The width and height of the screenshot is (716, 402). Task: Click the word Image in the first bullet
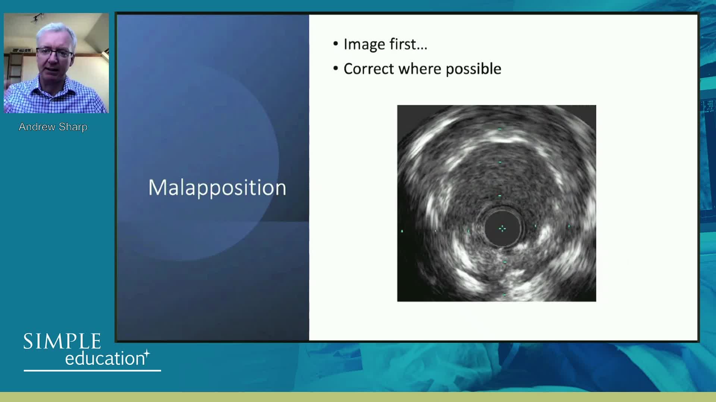(364, 45)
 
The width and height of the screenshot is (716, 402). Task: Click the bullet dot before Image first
(336, 44)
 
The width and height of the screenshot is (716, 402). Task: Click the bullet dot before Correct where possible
(336, 68)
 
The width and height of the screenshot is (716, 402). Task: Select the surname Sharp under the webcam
(73, 127)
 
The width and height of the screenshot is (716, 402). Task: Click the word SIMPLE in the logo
(62, 341)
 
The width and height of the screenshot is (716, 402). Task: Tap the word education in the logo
(105, 358)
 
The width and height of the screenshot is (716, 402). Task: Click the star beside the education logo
(147, 353)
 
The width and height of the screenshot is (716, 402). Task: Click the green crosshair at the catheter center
(502, 228)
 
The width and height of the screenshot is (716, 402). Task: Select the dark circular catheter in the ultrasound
(502, 228)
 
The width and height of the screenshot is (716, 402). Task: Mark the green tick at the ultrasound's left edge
(402, 231)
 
